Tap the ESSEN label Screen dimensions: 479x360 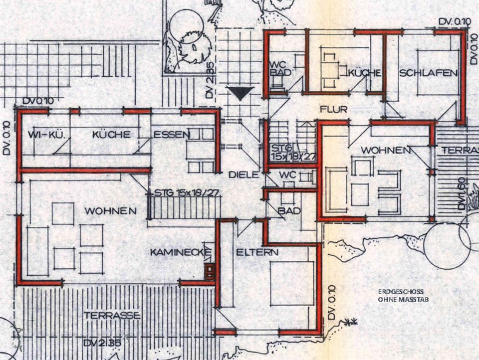point(171,134)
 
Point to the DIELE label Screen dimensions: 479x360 point(243,175)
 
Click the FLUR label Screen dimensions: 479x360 point(334,108)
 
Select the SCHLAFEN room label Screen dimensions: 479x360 point(428,73)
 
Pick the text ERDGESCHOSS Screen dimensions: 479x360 point(401,292)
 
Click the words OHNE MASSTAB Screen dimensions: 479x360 point(403,300)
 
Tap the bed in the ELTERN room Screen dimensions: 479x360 point(292,283)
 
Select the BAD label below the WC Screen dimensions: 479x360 point(289,211)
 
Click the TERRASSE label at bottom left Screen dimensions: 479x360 point(112,316)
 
